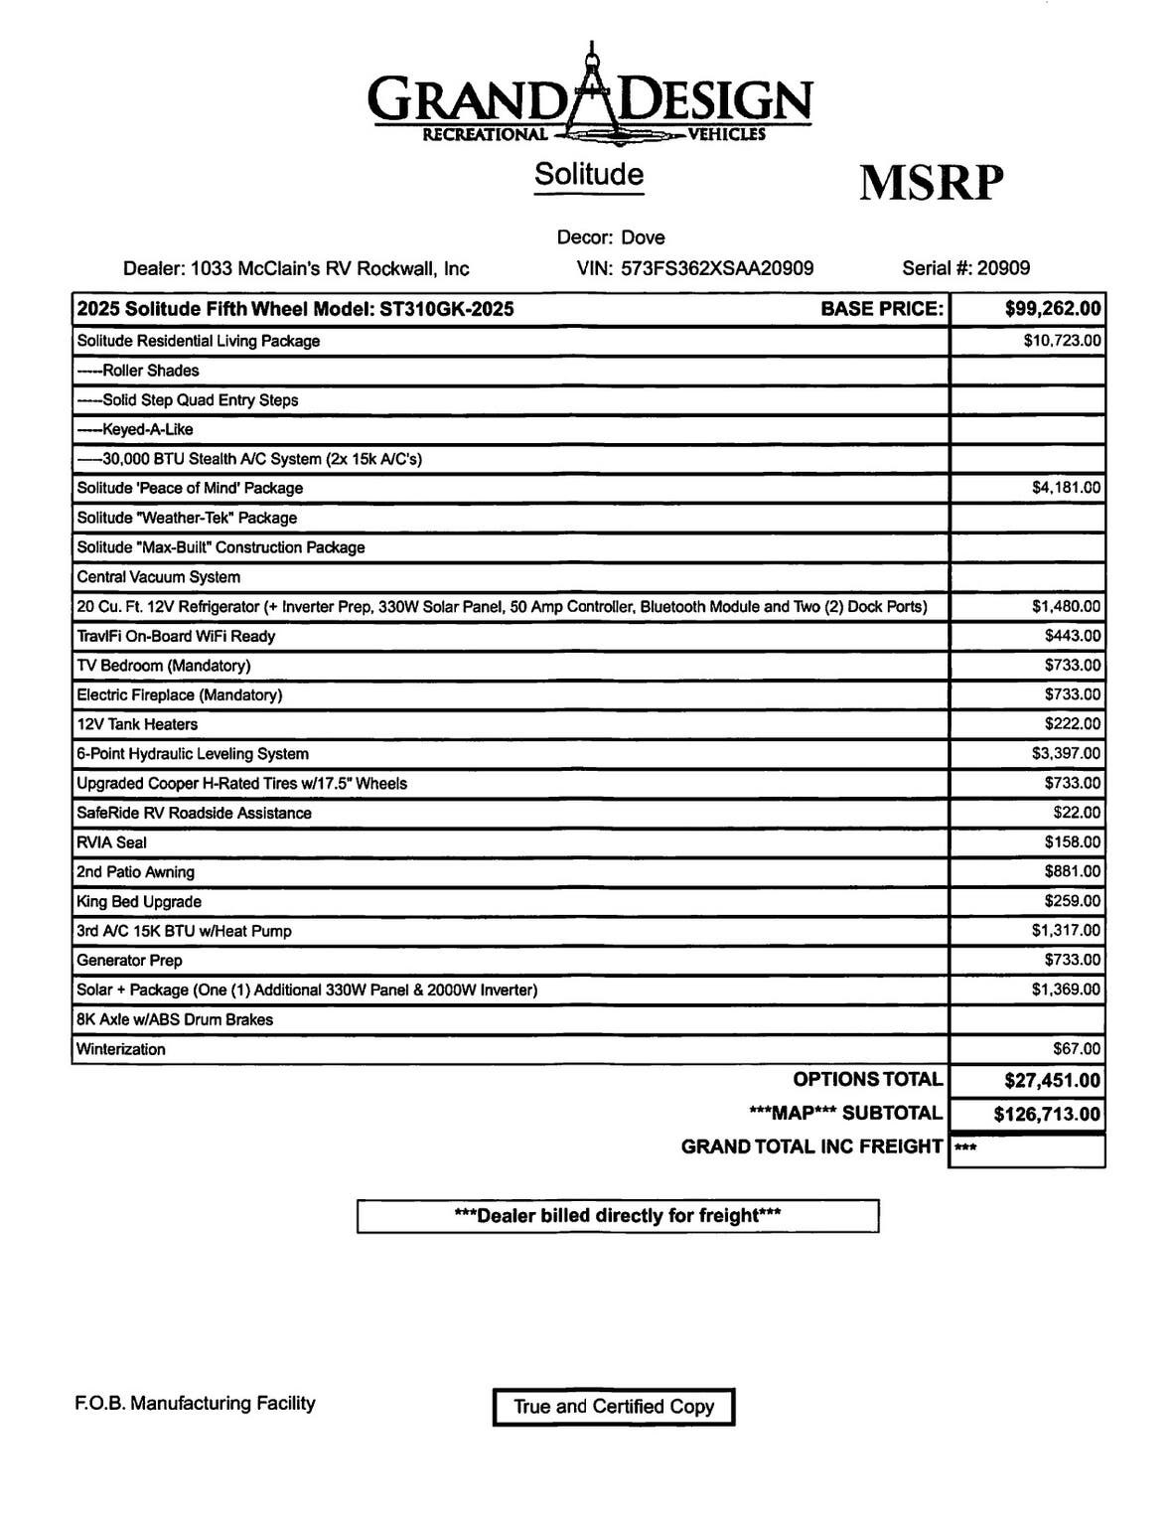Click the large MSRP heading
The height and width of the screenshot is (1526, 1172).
tap(931, 183)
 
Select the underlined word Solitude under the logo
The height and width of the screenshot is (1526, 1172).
tap(588, 174)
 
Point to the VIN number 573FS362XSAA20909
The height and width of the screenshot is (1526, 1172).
tap(717, 268)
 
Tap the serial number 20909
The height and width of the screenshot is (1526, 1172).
tap(1003, 268)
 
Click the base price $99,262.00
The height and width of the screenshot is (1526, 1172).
tap(1053, 309)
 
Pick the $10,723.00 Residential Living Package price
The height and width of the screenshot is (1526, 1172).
tap(1062, 341)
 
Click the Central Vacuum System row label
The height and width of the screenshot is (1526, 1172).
tap(159, 577)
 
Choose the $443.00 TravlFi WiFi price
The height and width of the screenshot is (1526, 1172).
tap(1072, 636)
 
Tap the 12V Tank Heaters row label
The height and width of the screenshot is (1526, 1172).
tap(137, 724)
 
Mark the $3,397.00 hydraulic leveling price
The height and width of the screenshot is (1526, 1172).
tap(1066, 754)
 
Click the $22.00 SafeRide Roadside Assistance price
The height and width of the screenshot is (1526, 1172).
tap(1077, 813)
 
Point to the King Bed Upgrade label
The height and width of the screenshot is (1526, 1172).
tap(139, 902)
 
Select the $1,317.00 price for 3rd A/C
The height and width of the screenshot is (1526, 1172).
tap(1066, 931)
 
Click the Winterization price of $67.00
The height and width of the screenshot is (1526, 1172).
tap(1077, 1049)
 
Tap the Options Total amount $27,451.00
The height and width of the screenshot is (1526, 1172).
tap(1052, 1080)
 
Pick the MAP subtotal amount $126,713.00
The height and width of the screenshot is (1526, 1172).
tap(1047, 1114)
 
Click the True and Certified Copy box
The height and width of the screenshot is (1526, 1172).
tap(614, 1407)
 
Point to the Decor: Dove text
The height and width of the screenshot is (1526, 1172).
tap(611, 237)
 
